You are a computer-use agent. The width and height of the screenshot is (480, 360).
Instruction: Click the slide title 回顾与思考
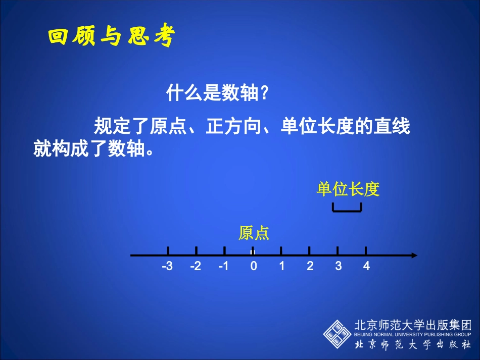[x=111, y=37]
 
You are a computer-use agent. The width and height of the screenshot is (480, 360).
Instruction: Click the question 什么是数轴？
[x=217, y=93]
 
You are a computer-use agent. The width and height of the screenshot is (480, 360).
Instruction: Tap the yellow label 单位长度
[x=348, y=189]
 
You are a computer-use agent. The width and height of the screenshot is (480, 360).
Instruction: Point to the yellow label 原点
[x=254, y=233]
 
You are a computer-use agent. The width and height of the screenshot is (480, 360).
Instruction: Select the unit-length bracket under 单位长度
[x=347, y=209]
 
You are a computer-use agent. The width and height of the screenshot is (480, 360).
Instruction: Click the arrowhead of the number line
[x=414, y=255]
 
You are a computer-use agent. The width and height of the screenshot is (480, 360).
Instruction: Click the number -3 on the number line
[x=167, y=267]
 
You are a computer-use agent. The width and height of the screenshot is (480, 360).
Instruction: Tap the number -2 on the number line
[x=196, y=267]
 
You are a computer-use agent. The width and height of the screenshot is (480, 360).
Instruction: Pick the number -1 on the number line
[x=223, y=267]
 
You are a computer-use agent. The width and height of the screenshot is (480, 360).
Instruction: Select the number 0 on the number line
[x=254, y=267]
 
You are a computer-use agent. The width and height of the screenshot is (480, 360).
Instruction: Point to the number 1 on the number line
[x=282, y=267]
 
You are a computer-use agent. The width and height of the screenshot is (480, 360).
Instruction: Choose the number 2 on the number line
[x=310, y=267]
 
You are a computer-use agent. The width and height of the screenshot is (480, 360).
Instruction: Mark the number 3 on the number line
[x=338, y=267]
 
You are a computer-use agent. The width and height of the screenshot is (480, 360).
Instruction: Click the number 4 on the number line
[x=366, y=267]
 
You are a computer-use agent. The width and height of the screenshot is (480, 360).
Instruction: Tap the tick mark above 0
[x=253, y=251]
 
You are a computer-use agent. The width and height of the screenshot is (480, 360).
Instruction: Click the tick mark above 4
[x=366, y=251]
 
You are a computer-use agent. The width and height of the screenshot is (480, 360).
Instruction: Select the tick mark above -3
[x=168, y=251]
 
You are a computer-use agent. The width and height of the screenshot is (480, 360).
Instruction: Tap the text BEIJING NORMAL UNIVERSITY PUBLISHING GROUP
[x=413, y=334]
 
